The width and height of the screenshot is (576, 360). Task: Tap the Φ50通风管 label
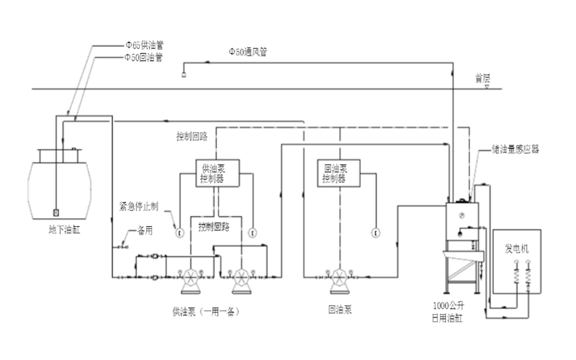click(248, 52)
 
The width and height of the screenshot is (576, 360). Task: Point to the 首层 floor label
click(482, 77)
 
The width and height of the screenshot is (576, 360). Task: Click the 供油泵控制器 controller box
click(214, 174)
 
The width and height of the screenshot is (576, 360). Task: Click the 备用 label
click(145, 233)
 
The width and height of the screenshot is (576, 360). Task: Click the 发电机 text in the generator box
click(516, 248)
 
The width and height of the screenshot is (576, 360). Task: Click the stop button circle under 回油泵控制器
click(374, 232)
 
